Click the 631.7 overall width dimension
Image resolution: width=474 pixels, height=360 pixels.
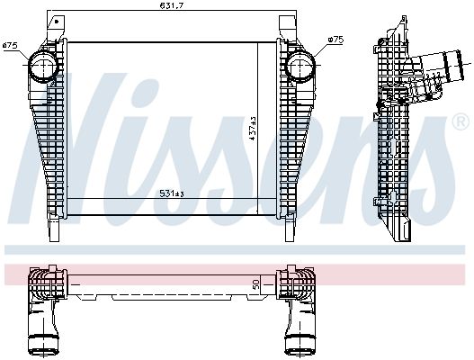tap(172, 5)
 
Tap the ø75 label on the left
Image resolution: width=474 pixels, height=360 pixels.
tap(9, 45)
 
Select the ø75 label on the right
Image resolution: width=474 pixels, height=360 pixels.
tap(335, 40)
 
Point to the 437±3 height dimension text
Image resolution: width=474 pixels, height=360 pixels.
tap(253, 129)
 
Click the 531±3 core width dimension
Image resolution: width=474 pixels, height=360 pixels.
tap(172, 193)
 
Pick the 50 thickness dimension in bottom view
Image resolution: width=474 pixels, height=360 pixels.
tap(256, 283)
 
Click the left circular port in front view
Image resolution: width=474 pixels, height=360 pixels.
tap(42, 67)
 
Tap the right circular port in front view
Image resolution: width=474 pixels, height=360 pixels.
tap(300, 67)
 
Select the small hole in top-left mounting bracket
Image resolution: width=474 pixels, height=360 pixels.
tap(57, 22)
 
